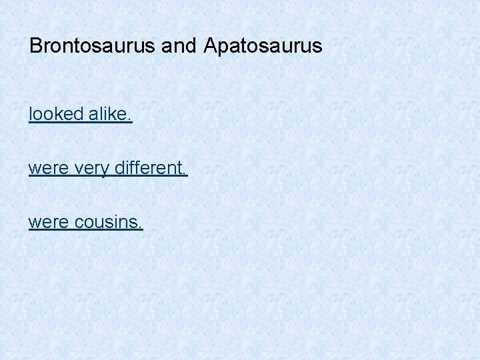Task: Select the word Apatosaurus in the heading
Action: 263,46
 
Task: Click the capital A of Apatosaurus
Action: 211,46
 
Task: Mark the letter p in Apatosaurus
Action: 223,47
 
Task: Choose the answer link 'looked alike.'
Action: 80,115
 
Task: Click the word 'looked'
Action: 55,115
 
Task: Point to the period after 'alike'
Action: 130,119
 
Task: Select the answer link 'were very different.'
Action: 108,168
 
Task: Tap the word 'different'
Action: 149,168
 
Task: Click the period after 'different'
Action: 185,173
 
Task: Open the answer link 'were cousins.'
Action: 85,222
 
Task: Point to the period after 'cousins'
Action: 140,227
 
